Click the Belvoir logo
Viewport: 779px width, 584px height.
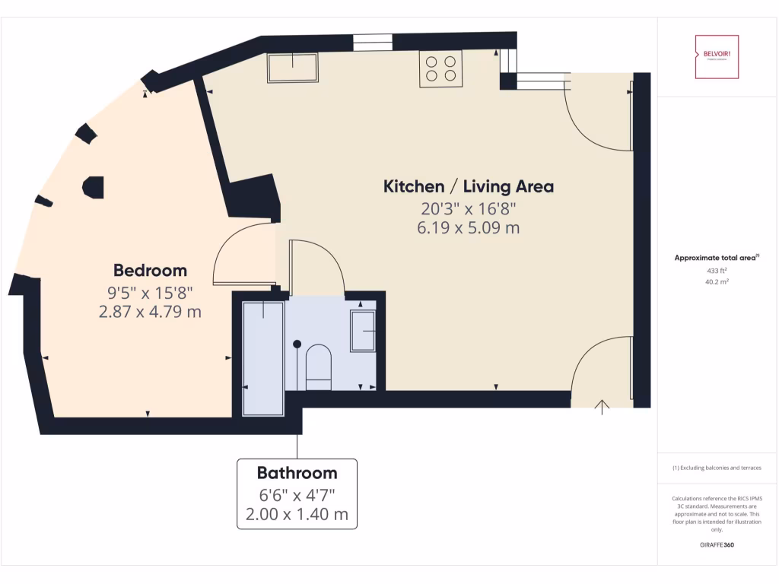pos(716,56)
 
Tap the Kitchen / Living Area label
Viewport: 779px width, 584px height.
pos(468,186)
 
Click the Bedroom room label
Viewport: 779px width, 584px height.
pos(150,270)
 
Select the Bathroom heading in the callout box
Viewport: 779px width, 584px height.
pos(297,473)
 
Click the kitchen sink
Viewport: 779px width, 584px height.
pos(293,68)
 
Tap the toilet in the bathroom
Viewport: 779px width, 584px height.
pos(318,366)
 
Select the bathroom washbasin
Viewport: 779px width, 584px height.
pos(363,331)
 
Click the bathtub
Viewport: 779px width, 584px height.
pos(262,358)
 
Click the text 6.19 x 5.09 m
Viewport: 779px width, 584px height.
pos(468,227)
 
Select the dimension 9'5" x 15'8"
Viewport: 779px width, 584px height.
pos(150,291)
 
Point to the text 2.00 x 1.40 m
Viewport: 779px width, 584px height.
pos(297,514)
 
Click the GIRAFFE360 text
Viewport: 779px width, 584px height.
pos(716,544)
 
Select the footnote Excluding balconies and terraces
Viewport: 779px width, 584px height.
pos(716,468)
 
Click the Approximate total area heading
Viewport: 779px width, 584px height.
pos(716,258)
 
